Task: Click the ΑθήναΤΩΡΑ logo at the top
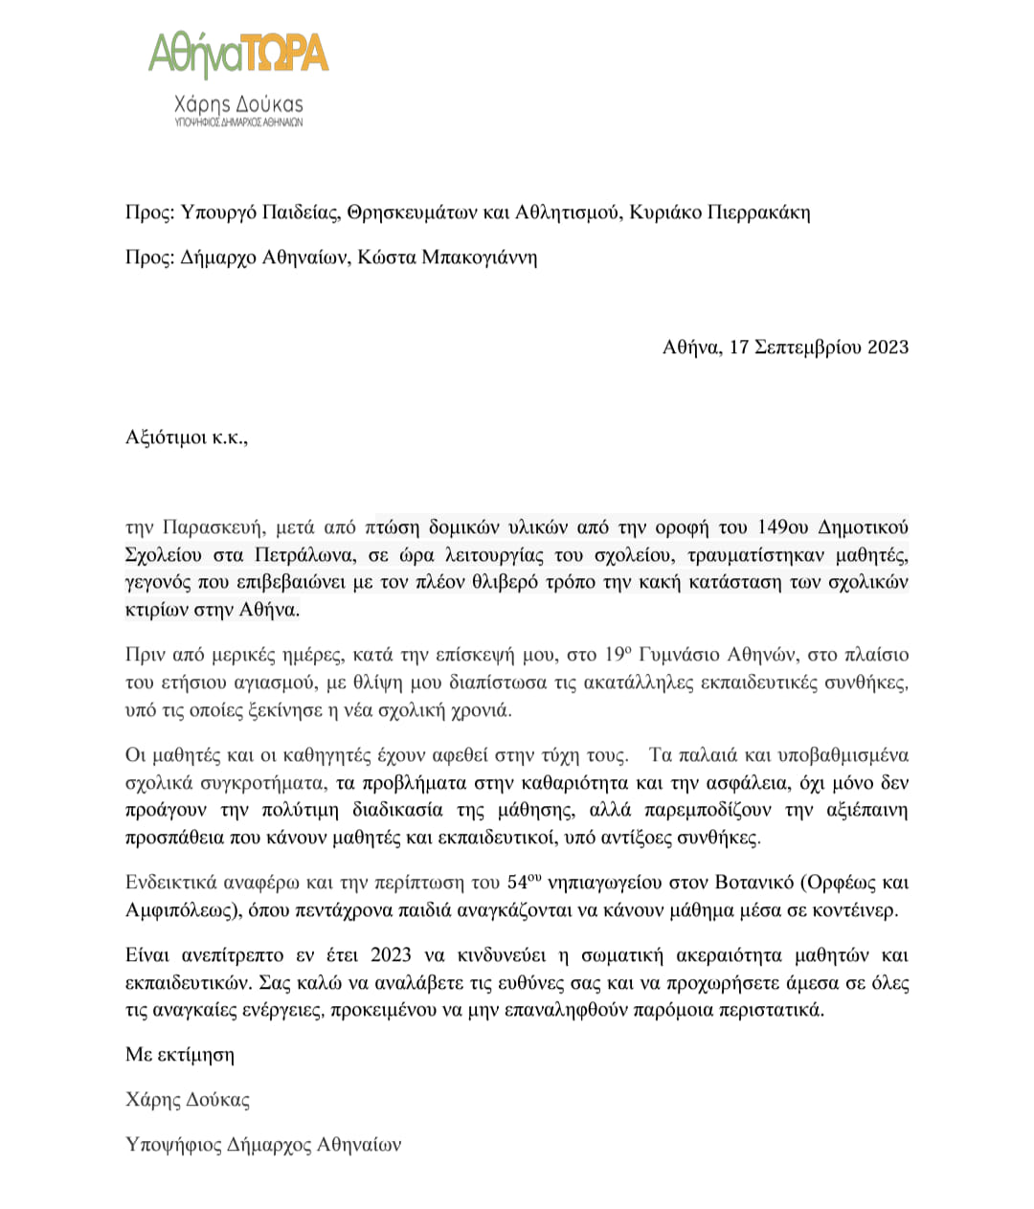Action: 238,54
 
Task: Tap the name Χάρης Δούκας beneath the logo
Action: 238,104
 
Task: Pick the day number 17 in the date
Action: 738,347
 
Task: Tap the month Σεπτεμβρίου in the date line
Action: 808,347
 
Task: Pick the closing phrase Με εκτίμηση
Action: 180,1055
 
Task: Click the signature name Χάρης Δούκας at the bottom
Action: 188,1100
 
